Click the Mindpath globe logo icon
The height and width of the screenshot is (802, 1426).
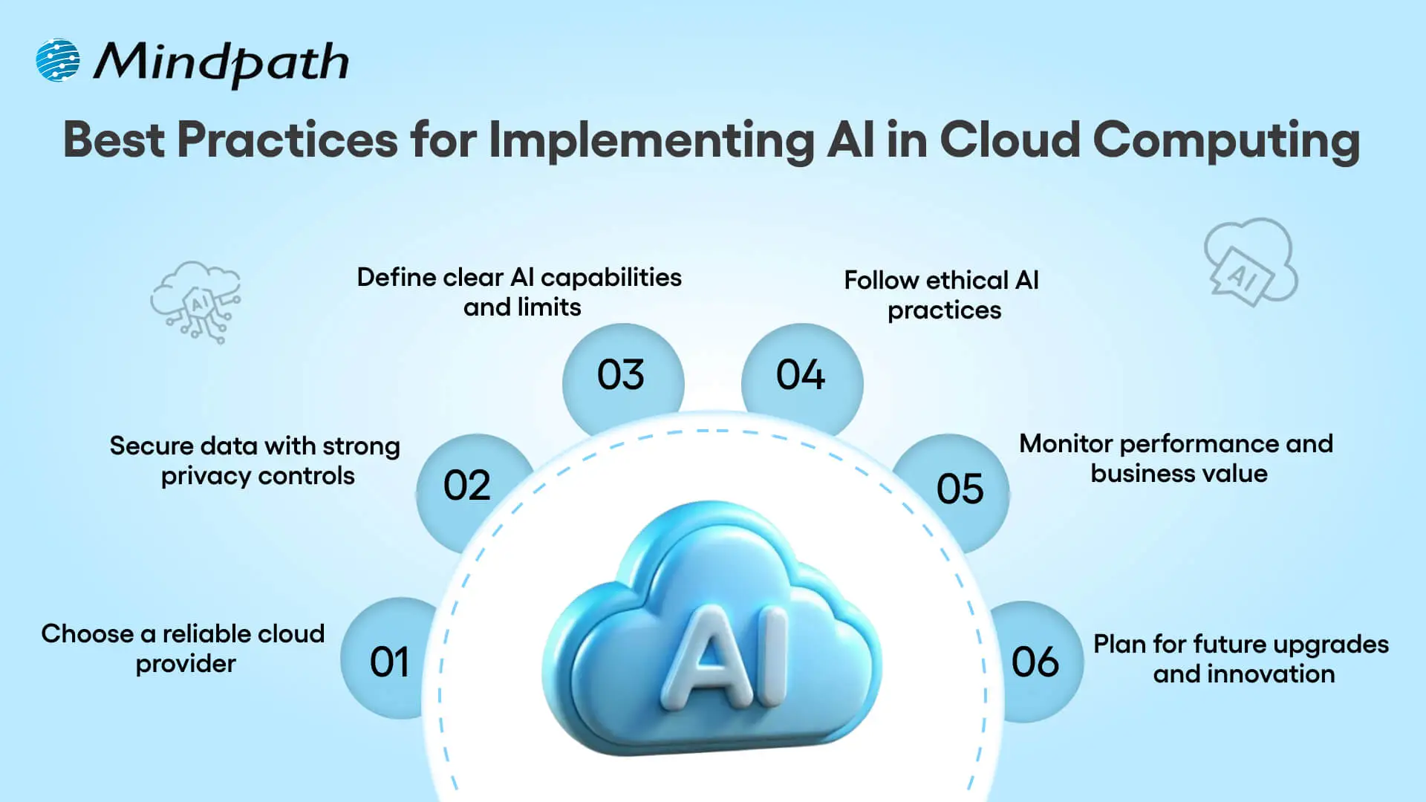tap(57, 60)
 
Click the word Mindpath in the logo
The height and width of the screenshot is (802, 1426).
tap(221, 62)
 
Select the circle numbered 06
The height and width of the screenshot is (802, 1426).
tap(1035, 661)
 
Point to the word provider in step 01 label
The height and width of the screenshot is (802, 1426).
tap(186, 664)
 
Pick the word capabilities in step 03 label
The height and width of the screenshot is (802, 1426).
tap(611, 278)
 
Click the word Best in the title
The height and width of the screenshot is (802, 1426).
tap(114, 139)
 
